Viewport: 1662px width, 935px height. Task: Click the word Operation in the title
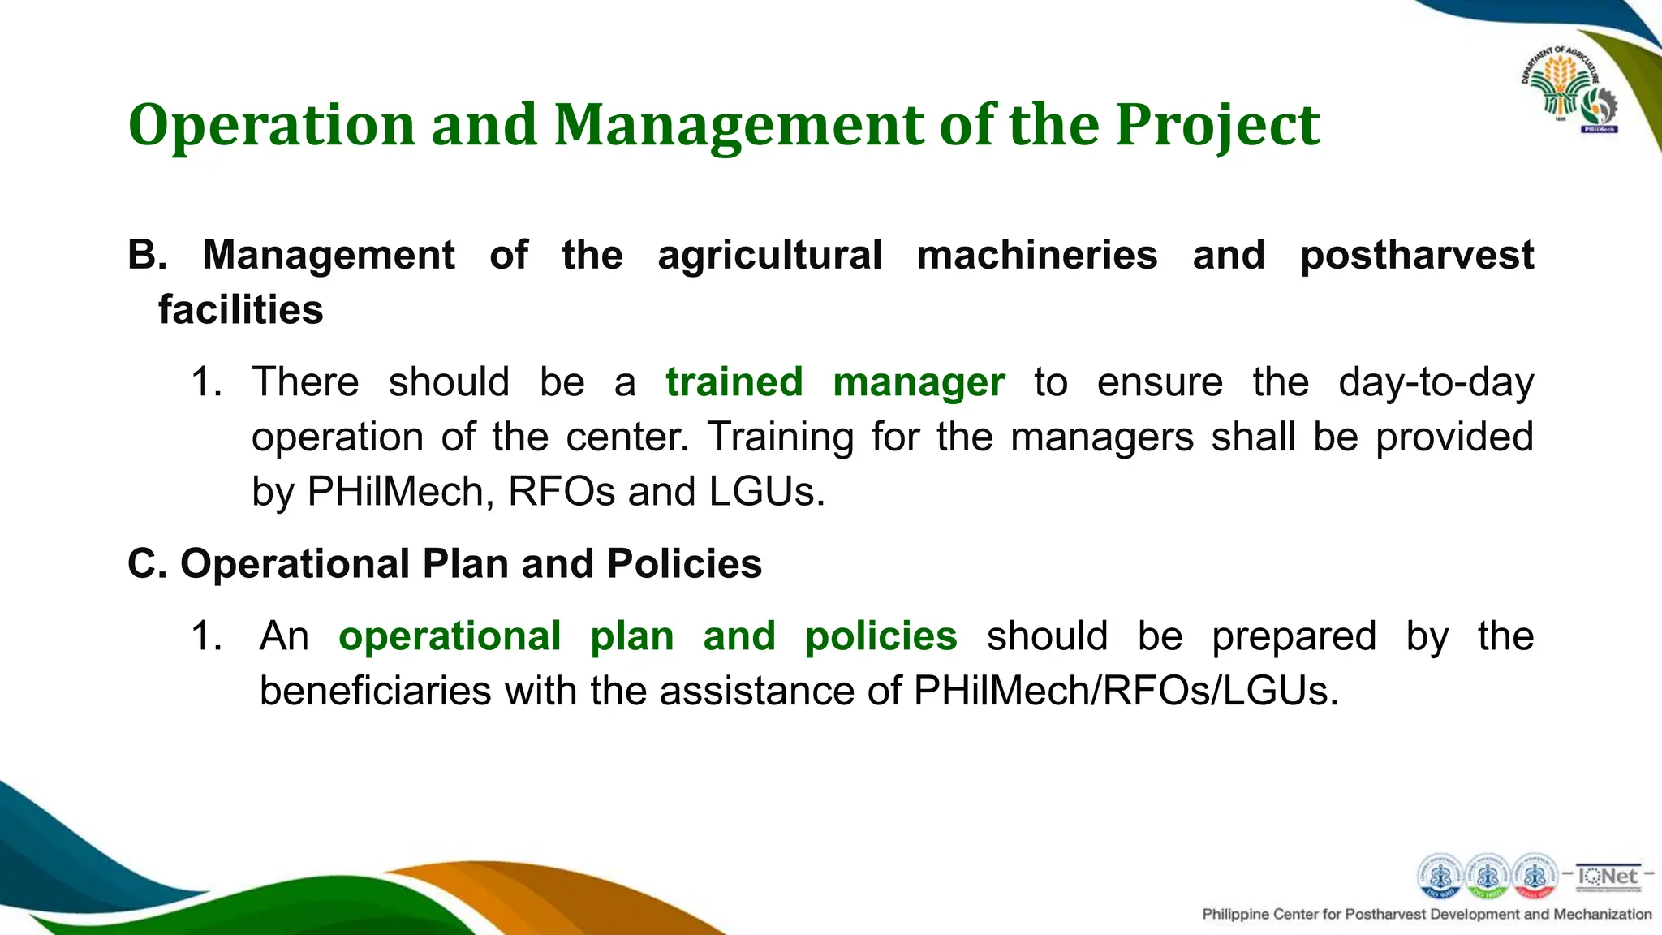(272, 126)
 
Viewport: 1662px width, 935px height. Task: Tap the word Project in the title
(1217, 126)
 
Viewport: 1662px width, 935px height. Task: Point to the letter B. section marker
(146, 255)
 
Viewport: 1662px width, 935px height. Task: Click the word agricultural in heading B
(769, 255)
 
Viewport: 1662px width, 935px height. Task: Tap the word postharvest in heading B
(1416, 255)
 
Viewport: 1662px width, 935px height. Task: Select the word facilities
(240, 310)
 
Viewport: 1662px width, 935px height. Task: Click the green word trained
(734, 382)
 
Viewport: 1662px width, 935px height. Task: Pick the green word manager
(919, 382)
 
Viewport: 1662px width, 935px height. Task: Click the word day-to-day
(1436, 382)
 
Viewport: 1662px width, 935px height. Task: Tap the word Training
(781, 437)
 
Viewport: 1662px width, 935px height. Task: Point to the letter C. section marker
(146, 564)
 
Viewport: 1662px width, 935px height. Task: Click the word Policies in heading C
(683, 564)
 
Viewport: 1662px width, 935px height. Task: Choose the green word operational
(450, 636)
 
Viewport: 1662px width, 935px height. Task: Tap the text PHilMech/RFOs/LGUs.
(1125, 692)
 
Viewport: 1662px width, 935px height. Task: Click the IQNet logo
(1608, 877)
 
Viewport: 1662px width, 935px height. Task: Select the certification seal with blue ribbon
(1440, 877)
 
